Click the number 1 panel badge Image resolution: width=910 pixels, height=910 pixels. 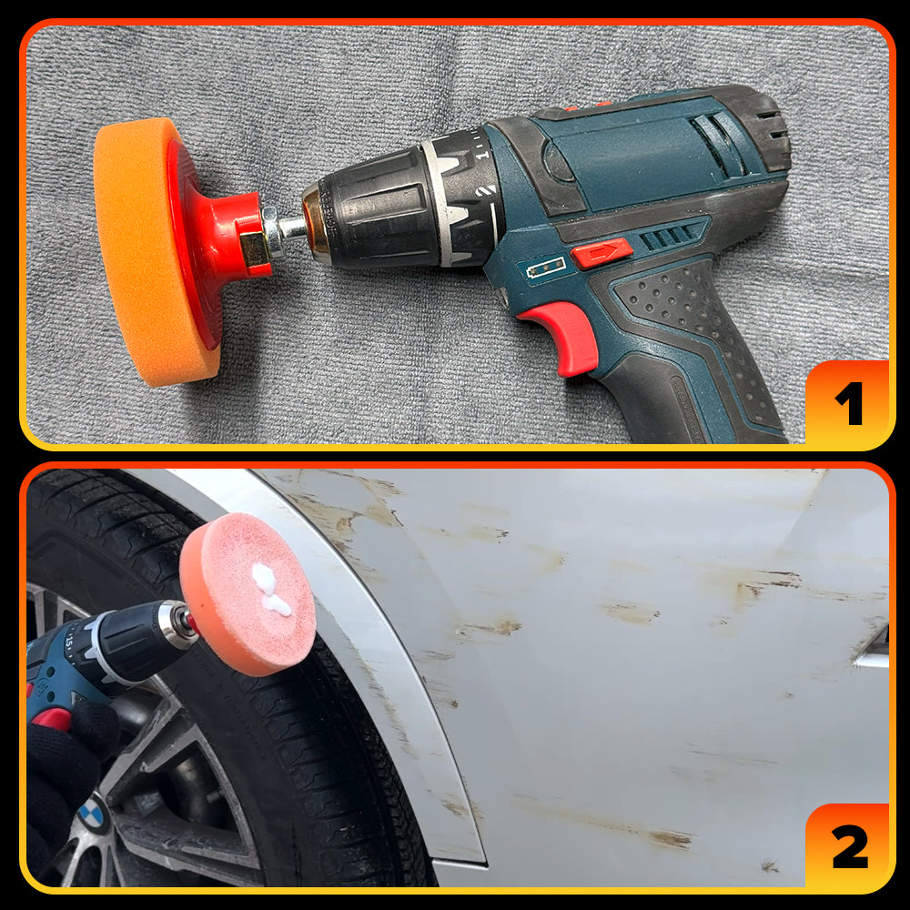coord(848,403)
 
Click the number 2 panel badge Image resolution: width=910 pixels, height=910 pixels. coord(848,846)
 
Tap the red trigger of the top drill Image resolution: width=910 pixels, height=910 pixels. coord(564,337)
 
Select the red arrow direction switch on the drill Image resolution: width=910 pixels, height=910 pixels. coord(602,253)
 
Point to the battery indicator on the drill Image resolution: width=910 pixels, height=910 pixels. coord(545,268)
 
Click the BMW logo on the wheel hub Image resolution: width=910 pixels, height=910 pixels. coord(94,815)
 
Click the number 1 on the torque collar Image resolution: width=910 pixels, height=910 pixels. coord(481,156)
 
